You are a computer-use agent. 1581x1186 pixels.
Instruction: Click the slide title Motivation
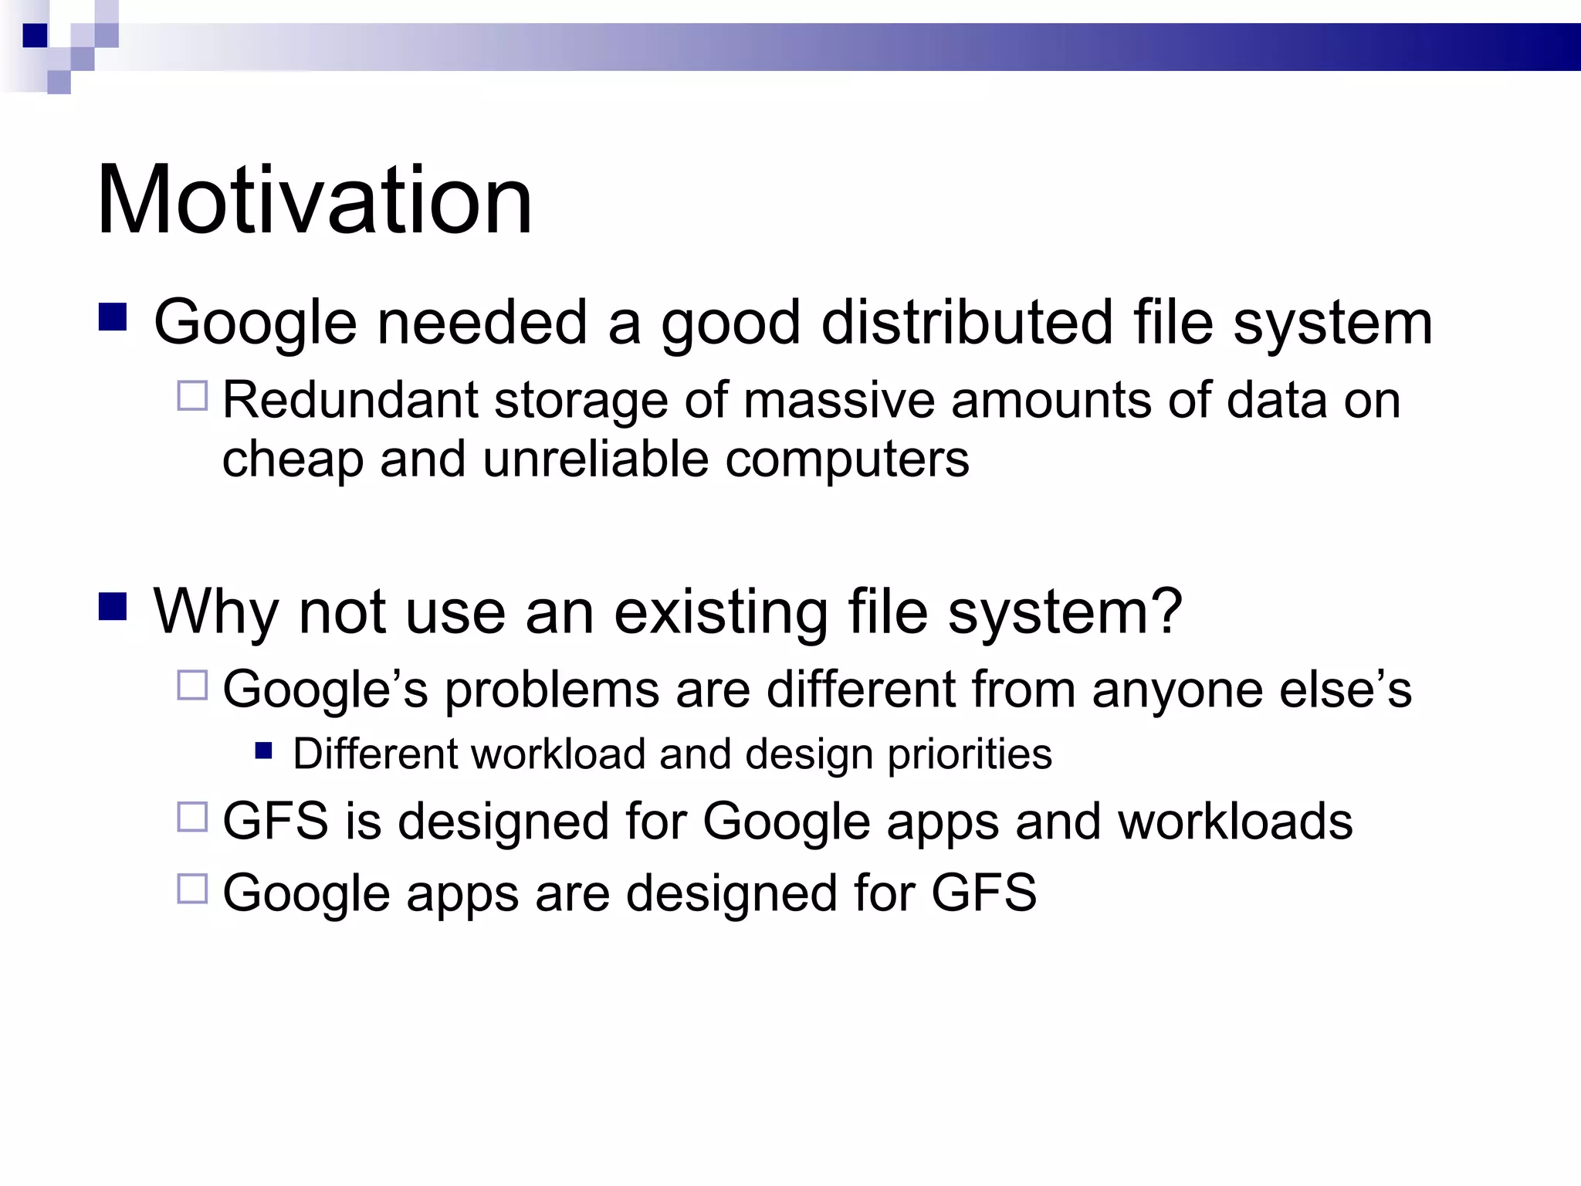pyautogui.click(x=314, y=200)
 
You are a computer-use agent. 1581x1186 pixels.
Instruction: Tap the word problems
pyautogui.click(x=552, y=690)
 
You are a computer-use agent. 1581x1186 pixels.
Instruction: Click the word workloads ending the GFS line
pyautogui.click(x=1235, y=821)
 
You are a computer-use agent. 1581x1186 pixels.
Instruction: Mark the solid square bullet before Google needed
pyautogui.click(x=113, y=317)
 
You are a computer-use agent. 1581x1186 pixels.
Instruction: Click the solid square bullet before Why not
pyautogui.click(x=113, y=606)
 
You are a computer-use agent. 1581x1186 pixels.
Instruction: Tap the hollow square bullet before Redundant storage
pyautogui.click(x=192, y=396)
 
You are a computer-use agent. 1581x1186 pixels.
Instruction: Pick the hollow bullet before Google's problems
pyautogui.click(x=192, y=685)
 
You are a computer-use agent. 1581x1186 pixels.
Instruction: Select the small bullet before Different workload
pyautogui.click(x=264, y=751)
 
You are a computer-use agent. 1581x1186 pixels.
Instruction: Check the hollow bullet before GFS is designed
pyautogui.click(x=192, y=817)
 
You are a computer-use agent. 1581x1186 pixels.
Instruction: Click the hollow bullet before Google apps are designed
pyautogui.click(x=192, y=889)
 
